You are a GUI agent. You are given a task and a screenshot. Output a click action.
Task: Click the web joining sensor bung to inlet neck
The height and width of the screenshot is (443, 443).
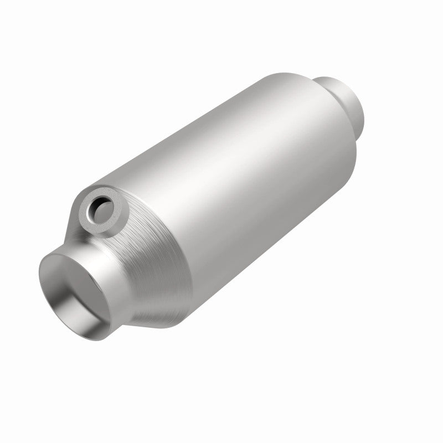click(78, 233)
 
